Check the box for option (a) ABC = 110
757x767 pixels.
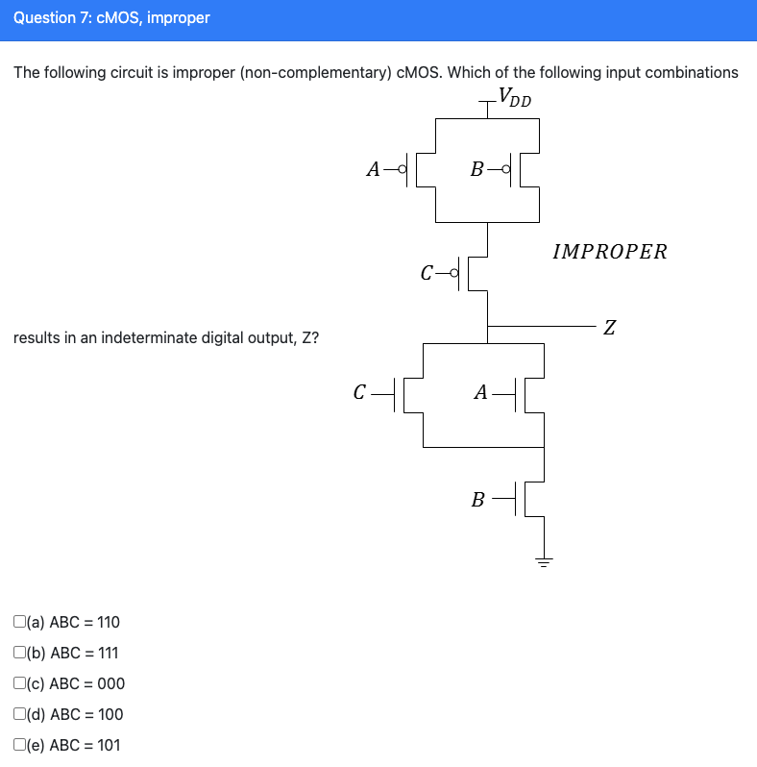click(x=20, y=622)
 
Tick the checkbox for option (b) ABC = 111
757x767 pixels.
click(x=20, y=653)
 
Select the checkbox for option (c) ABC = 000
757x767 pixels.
click(x=20, y=683)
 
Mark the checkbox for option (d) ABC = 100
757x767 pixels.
click(x=20, y=714)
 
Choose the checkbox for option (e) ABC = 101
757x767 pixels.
click(x=20, y=745)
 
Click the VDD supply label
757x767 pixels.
click(x=514, y=98)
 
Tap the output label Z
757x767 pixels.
click(x=609, y=329)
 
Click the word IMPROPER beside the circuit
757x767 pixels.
click(x=609, y=252)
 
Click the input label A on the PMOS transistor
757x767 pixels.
click(x=375, y=170)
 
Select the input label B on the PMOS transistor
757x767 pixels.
click(x=476, y=170)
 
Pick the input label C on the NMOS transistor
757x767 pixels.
click(x=359, y=392)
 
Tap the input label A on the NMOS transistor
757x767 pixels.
click(x=482, y=392)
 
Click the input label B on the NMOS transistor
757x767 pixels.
click(x=477, y=500)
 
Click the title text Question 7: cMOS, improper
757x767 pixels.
click(x=111, y=18)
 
